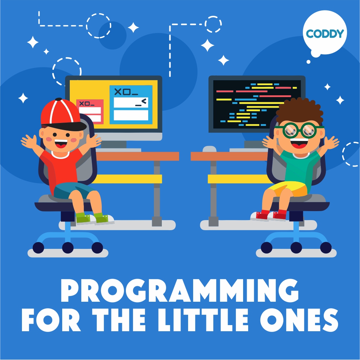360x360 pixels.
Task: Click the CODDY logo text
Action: (x=325, y=34)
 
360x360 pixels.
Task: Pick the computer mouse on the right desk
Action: (x=210, y=149)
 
